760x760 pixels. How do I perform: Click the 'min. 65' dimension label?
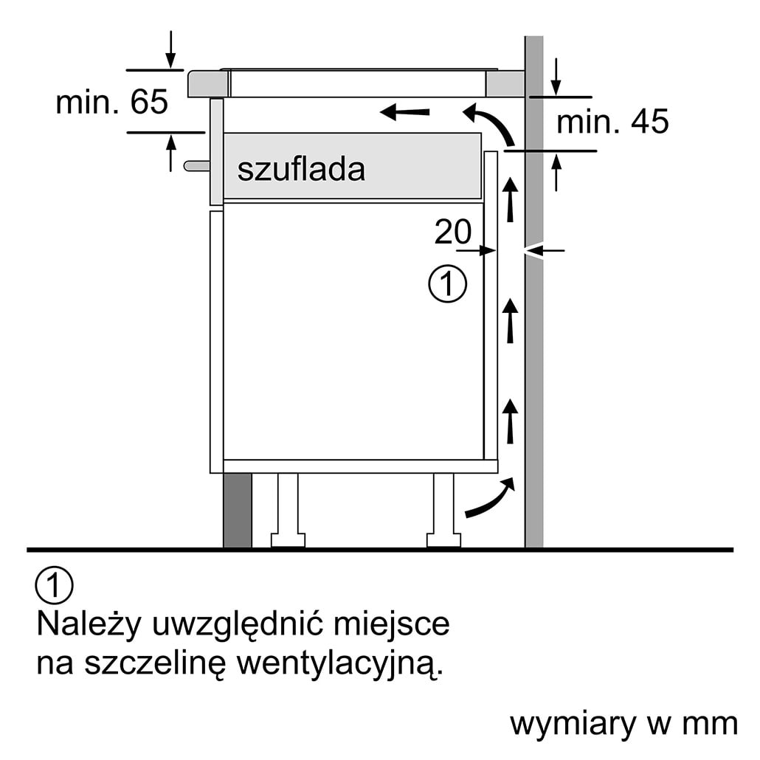(112, 102)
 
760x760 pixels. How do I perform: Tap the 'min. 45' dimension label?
(612, 121)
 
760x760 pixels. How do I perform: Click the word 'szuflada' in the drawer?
(301, 169)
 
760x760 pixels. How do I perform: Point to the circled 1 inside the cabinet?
(447, 284)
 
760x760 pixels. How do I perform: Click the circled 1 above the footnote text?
(54, 585)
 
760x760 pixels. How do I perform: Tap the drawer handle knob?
(197, 166)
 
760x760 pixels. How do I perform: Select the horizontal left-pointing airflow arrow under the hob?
(405, 112)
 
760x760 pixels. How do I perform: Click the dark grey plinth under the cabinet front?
(238, 511)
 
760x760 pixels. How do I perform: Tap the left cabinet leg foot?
(288, 539)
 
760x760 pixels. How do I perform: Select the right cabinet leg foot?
(443, 539)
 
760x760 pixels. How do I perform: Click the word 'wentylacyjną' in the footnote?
(339, 665)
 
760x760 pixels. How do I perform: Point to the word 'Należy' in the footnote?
(89, 625)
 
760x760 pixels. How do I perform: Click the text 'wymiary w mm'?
(624, 724)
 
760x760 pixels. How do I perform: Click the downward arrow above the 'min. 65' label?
(170, 49)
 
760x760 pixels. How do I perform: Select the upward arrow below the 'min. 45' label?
(556, 172)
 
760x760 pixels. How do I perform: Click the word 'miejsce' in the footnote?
(391, 625)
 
